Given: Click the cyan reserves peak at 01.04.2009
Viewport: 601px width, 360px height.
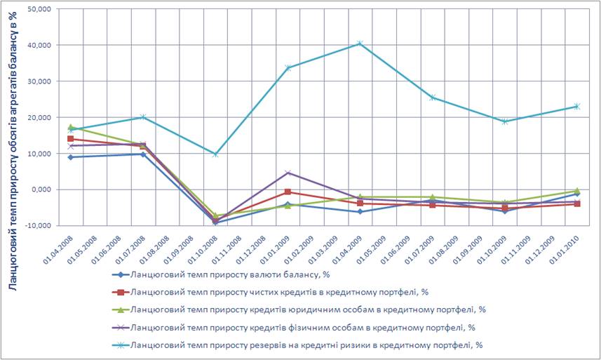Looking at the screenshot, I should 360,44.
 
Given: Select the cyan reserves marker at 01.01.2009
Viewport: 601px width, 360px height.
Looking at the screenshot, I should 288,67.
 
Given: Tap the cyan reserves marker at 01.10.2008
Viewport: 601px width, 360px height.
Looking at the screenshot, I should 215,154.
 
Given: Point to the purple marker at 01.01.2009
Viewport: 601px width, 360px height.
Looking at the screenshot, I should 288,173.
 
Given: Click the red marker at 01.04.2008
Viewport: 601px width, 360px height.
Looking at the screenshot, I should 71,139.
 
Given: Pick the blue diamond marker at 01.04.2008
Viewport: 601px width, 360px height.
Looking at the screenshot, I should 71,157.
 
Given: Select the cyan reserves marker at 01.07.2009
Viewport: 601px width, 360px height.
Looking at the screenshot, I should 432,98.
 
